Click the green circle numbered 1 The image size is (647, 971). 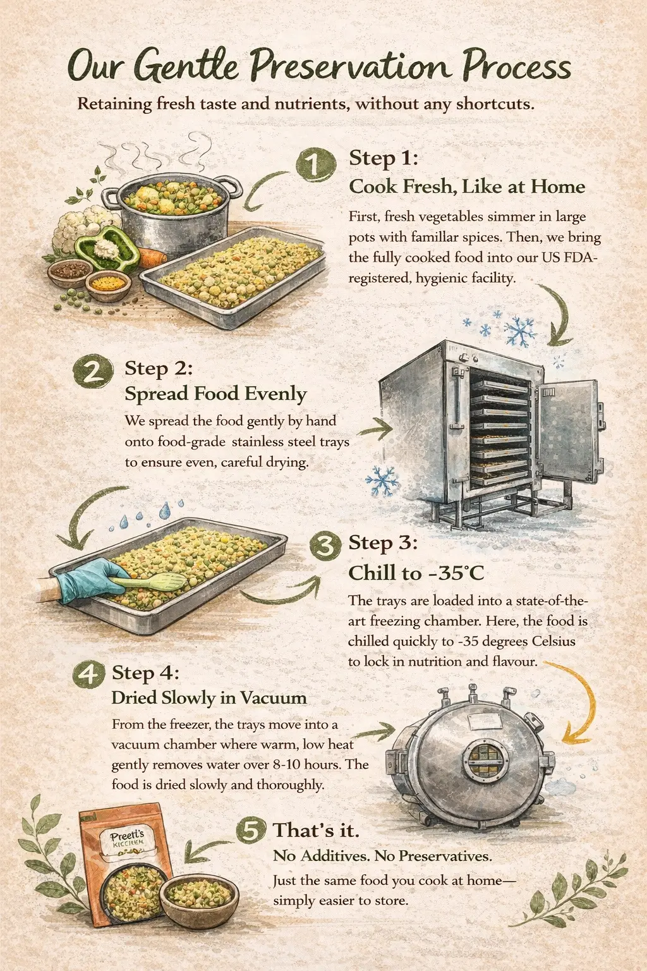(316, 164)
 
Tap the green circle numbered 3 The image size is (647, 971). (325, 547)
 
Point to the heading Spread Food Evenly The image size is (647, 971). (216, 394)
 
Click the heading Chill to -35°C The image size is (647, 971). (416, 573)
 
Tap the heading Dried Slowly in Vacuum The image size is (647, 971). (209, 697)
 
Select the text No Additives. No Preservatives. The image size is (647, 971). (383, 856)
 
